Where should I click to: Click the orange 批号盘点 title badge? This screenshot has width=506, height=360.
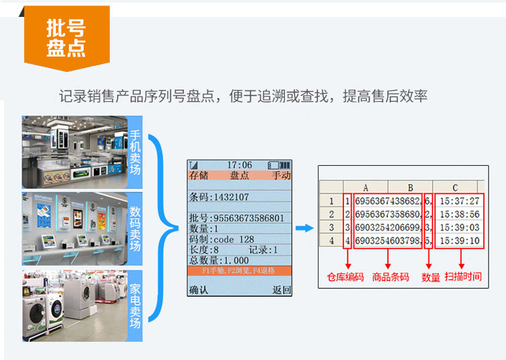click(x=66, y=38)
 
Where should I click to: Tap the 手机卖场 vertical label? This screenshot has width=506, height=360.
click(x=136, y=152)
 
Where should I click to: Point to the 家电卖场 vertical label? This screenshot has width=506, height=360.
click(x=136, y=305)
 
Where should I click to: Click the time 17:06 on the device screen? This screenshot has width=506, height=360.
click(x=239, y=165)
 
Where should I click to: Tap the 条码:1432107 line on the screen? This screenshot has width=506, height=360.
click(x=219, y=197)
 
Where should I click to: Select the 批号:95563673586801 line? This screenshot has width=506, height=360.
click(x=236, y=218)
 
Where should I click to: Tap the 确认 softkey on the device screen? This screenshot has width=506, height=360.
click(x=198, y=290)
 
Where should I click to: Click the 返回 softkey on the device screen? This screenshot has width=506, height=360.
click(x=282, y=290)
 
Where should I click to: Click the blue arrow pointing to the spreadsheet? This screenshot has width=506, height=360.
click(x=304, y=228)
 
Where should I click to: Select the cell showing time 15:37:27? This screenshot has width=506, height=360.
click(x=459, y=201)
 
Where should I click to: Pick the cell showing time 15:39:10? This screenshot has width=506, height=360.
click(x=459, y=241)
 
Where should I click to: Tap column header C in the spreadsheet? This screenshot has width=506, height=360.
click(x=455, y=187)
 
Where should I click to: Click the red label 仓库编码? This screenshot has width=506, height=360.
click(x=345, y=277)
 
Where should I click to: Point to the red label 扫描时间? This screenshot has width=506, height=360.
click(x=463, y=276)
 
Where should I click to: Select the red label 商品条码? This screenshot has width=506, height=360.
click(x=391, y=277)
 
